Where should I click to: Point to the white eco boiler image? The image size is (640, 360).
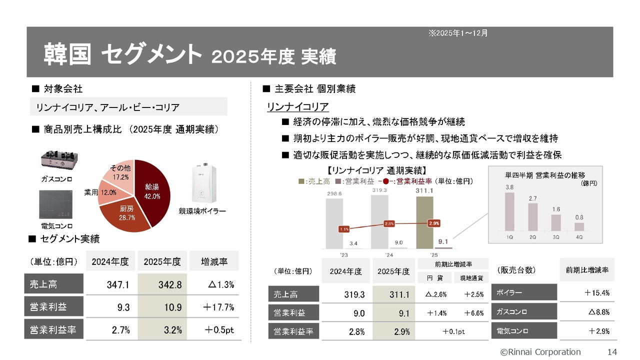coord(204,183)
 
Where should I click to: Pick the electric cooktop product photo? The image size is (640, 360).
coord(55,204)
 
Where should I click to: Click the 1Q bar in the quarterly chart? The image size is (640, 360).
coord(509,211)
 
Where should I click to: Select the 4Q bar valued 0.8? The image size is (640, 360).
coord(579,227)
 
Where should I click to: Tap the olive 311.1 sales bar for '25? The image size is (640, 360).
coord(424,222)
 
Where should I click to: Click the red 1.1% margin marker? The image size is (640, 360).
coord(344,229)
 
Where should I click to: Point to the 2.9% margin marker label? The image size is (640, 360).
coord(434,223)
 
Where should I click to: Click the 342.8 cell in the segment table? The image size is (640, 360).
coord(162,284)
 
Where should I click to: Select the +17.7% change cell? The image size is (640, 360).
coord(218,307)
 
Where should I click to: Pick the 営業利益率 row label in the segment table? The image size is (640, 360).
coord(53,329)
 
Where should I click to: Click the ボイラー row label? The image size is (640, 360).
coord(524,292)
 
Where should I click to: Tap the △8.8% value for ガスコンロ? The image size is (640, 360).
coord(599,311)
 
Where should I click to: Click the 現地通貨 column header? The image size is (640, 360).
coord(471,277)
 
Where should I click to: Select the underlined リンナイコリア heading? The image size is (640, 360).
coord(297,107)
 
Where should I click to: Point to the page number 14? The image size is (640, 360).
coord(612,351)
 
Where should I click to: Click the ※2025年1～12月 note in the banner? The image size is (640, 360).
coord(458,33)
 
